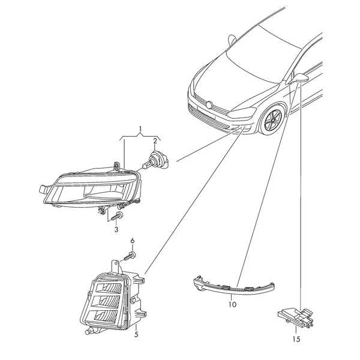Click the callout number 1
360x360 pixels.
[x=140, y=129]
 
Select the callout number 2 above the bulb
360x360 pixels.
[x=155, y=141]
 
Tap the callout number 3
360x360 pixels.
[x=116, y=229]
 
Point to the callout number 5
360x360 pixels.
[x=136, y=335]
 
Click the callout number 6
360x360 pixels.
[x=133, y=241]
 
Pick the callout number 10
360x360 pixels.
[x=232, y=304]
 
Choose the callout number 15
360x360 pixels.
[x=296, y=339]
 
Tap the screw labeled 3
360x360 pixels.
[x=116, y=217]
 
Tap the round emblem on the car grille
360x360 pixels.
[x=209, y=104]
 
